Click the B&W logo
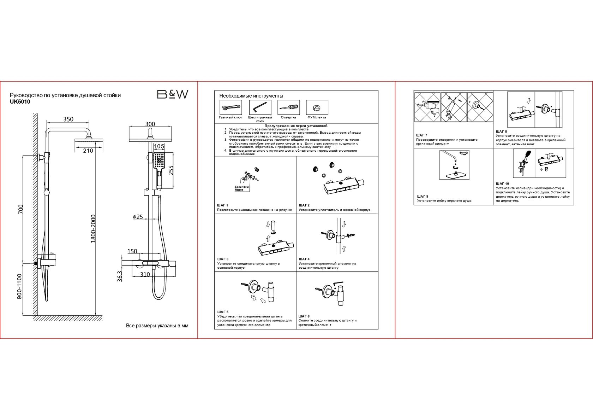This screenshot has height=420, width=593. [172, 94]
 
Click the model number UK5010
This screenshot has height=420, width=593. [20, 102]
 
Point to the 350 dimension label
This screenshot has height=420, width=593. [68, 119]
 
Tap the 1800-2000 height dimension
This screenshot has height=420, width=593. [93, 228]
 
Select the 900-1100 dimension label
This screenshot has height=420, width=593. [19, 286]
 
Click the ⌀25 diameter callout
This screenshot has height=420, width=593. [138, 217]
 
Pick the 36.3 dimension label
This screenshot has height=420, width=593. [120, 276]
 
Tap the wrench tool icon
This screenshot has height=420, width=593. [230, 107]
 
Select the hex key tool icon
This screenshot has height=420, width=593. [260, 107]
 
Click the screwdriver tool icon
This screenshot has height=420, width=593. [288, 107]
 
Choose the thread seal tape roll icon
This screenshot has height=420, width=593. [317, 107]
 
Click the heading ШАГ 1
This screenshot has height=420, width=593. [223, 205]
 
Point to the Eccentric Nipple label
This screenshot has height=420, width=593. [242, 188]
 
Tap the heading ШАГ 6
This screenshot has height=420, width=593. [304, 316]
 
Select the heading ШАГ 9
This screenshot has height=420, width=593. [423, 197]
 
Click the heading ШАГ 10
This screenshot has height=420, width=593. [502, 184]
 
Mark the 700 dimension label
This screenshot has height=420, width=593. [20, 209]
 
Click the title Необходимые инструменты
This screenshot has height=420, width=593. [251, 96]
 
